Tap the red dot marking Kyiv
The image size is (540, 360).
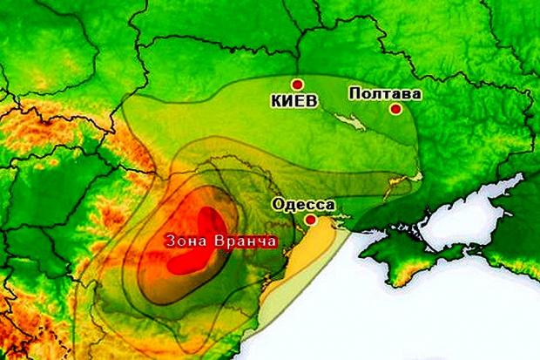pyautogui.click(x=296, y=85)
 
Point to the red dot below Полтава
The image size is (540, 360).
pyautogui.click(x=395, y=109)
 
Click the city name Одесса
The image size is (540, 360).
pyautogui.click(x=303, y=206)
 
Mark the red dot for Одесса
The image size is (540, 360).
pyautogui.click(x=310, y=221)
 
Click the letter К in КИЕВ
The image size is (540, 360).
pyautogui.click(x=276, y=99)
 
